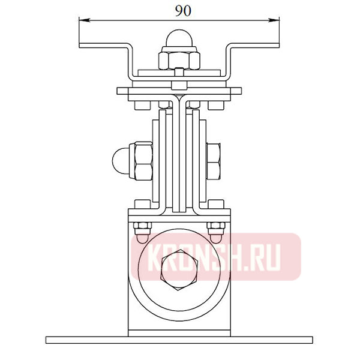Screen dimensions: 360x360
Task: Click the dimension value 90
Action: tap(179, 10)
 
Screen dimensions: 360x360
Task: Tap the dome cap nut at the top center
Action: tap(179, 39)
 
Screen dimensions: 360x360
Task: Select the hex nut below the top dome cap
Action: tap(179, 59)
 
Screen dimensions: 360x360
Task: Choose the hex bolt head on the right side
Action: tap(214, 161)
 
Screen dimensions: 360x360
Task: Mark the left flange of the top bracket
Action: tap(103, 46)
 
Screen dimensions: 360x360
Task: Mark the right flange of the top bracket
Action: tap(255, 46)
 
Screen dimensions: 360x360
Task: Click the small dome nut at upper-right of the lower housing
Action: tap(216, 230)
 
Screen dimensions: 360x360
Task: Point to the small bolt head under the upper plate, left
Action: tap(142, 106)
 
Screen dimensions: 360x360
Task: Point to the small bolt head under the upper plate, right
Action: tap(215, 106)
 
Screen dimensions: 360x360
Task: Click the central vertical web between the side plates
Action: tap(179, 156)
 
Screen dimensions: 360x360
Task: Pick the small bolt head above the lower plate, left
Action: tap(142, 205)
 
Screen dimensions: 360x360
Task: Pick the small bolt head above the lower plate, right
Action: tap(215, 205)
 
